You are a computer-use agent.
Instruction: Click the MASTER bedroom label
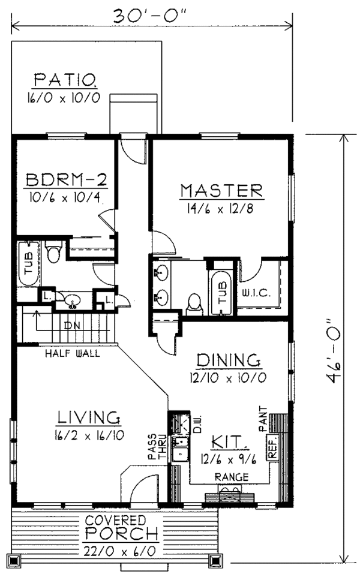[221, 191]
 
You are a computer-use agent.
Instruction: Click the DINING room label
[229, 360]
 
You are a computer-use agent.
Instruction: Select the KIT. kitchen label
[230, 443]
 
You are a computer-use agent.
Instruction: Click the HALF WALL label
[73, 353]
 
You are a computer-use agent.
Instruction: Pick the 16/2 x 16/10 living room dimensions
[91, 435]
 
